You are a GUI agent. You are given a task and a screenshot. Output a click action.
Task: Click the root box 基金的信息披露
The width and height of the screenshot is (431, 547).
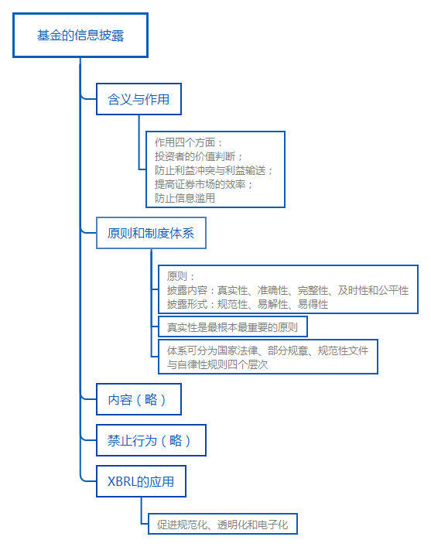80,36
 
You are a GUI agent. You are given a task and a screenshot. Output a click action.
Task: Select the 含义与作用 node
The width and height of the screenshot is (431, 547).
139,99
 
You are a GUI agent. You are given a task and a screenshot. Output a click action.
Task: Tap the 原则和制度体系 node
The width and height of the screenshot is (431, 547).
151,233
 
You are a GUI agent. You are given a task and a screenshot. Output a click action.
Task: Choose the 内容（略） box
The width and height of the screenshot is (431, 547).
139,399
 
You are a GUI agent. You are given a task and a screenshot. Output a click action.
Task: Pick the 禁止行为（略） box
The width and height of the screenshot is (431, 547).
151,440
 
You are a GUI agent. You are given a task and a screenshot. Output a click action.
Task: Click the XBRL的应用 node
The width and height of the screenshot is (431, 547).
141,481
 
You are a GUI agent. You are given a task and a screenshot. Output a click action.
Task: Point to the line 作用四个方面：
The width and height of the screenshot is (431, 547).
189,142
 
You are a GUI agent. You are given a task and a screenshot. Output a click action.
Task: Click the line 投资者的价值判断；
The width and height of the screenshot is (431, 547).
199,156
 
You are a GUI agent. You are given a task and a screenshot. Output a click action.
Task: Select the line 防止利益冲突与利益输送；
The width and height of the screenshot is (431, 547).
214,170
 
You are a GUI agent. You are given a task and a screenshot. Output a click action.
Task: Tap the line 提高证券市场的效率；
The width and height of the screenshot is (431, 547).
204,184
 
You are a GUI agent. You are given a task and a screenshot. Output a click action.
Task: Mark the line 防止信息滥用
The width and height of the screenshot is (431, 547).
185,198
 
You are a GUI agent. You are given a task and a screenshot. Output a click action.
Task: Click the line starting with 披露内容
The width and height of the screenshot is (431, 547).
288,290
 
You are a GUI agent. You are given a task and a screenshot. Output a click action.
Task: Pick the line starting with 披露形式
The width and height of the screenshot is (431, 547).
248,304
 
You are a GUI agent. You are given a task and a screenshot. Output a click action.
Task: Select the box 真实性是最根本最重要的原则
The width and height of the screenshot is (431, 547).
233,326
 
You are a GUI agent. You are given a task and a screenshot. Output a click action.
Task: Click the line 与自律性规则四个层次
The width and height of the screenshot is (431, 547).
217,364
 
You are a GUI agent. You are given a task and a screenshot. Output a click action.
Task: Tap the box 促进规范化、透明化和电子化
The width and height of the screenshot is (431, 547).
223,524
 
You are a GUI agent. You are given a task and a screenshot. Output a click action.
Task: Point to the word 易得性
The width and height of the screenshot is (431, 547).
313,304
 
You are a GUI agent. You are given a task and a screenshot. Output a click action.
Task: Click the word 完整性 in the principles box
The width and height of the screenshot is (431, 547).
313,290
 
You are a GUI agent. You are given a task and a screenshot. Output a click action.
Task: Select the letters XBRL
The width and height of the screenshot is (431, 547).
121,481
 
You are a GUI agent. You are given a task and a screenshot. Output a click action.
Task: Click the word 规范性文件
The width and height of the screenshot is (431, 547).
343,350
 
